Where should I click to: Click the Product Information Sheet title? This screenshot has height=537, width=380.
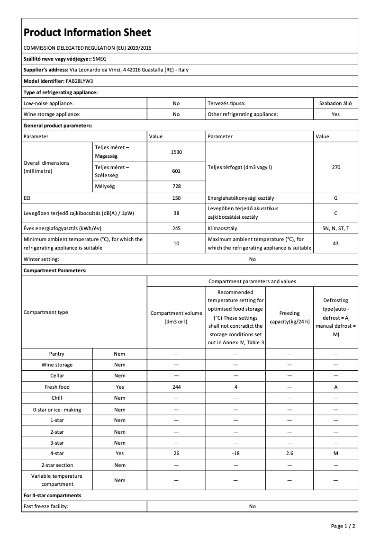87,32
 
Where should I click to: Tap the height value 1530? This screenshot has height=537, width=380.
176,152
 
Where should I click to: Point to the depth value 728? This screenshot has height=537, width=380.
176,187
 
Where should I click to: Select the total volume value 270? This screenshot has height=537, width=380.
335,167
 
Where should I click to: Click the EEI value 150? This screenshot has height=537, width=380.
176,198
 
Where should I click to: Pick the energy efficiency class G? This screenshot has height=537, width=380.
335,198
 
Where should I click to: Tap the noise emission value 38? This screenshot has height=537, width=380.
176,213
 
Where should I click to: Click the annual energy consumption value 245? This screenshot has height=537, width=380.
176,228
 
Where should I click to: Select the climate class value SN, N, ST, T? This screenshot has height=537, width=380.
335,228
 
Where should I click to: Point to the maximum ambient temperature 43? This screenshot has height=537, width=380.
335,243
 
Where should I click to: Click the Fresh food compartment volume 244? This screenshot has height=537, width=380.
176,387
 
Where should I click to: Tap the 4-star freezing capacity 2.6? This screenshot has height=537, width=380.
289,453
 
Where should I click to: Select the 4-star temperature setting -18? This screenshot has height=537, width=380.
235,453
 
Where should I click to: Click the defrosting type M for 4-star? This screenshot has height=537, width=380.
335,453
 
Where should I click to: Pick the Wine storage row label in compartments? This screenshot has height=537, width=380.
57,365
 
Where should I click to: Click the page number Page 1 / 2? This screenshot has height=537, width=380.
343,526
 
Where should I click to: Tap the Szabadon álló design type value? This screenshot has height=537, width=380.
335,103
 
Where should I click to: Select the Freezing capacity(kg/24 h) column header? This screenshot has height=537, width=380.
289,317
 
